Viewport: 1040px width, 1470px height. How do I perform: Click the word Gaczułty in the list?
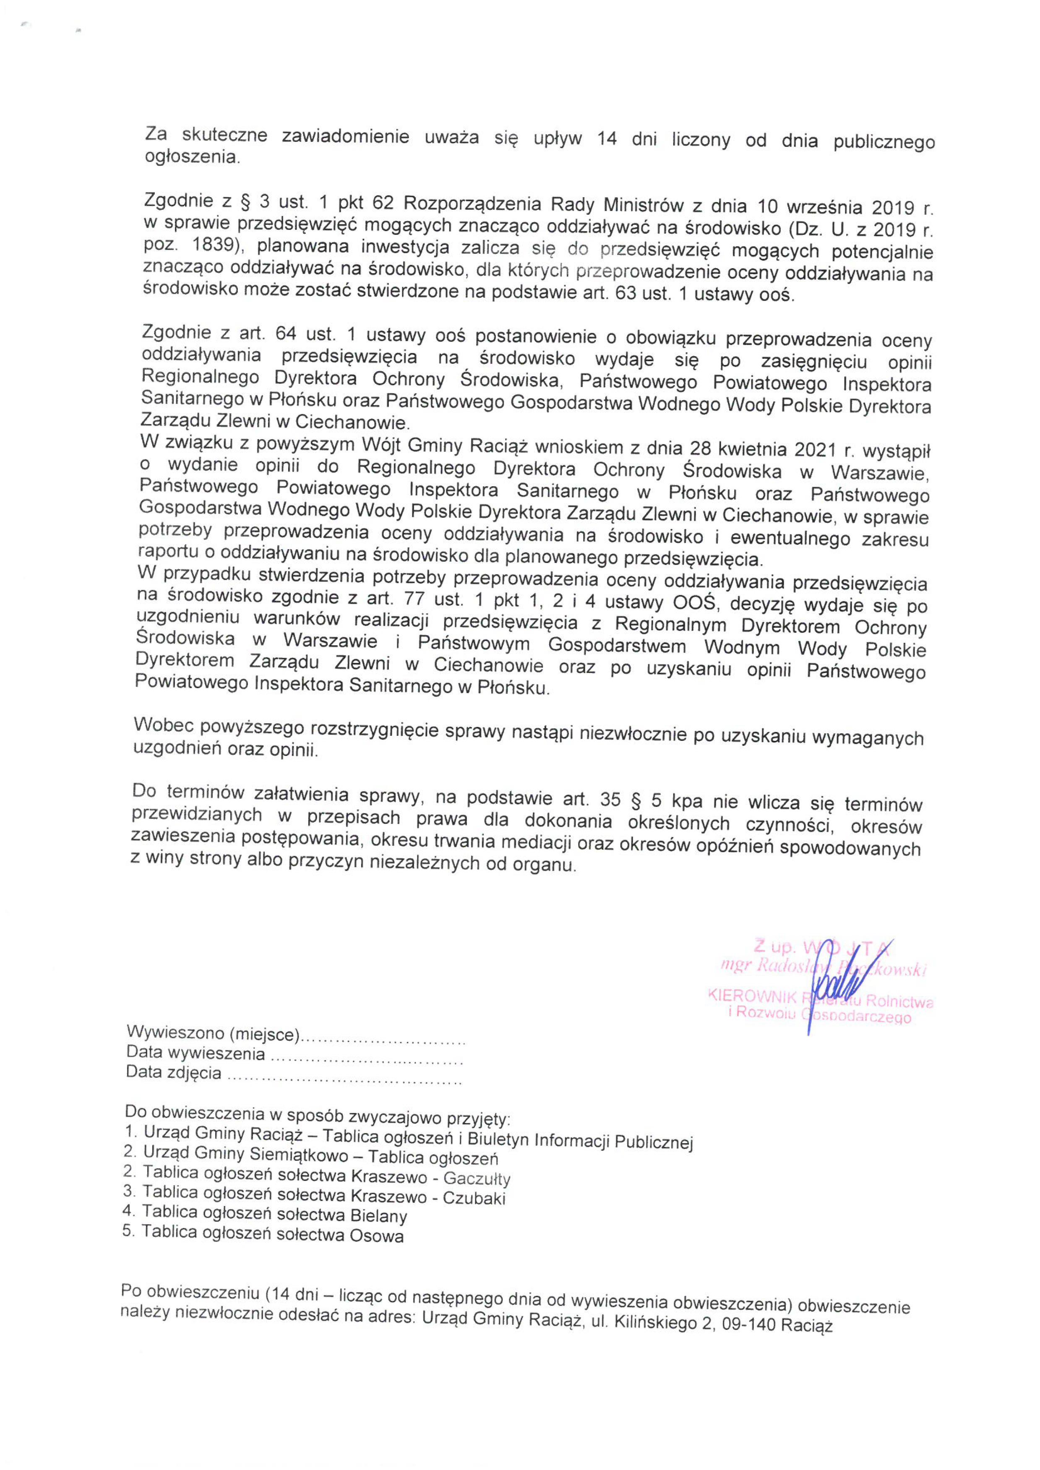tap(477, 1179)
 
